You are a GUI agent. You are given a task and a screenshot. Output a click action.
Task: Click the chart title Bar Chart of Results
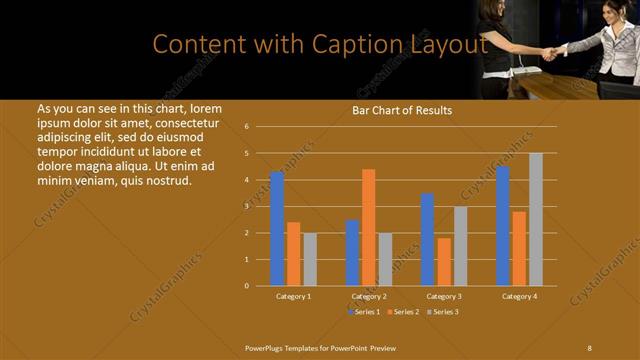(401, 110)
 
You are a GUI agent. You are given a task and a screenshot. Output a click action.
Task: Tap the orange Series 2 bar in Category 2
(369, 227)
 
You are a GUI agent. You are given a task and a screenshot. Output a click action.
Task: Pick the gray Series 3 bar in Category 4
(536, 219)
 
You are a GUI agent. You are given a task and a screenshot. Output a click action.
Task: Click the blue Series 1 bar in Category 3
(427, 239)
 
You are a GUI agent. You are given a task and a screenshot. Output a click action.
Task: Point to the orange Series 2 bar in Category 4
(519, 248)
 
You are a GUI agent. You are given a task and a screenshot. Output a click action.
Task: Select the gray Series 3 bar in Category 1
(310, 259)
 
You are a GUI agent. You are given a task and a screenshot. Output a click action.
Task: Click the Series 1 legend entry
(365, 313)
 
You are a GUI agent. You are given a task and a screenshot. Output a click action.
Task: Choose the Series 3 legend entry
(444, 313)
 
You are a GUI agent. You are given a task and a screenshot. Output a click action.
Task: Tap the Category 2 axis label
(369, 297)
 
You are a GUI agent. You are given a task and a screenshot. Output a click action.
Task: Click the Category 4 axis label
(519, 297)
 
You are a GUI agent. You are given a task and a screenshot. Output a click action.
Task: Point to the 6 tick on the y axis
(246, 127)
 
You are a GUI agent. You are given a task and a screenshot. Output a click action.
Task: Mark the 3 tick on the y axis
(246, 206)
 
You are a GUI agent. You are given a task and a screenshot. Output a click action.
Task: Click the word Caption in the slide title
(340, 44)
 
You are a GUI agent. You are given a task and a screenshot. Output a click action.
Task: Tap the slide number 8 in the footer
(589, 347)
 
